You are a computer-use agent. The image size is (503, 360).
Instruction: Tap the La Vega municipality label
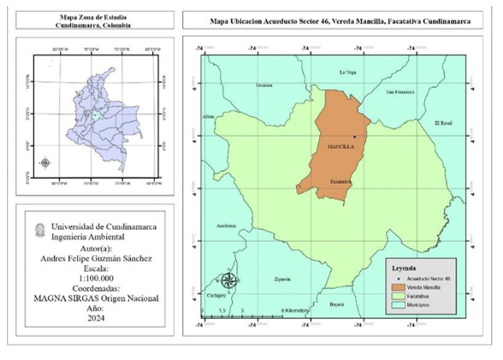(347, 72)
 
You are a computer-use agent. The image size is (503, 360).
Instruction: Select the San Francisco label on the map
(399, 91)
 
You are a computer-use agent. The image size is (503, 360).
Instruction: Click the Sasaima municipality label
(264, 86)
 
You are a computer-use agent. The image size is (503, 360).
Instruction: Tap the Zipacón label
(283, 278)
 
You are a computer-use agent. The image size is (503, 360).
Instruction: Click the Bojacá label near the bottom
(337, 303)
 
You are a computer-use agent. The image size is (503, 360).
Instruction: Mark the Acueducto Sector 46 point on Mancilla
(353, 137)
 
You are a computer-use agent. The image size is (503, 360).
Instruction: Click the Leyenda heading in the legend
(405, 269)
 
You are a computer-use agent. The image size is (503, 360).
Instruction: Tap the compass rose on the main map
(228, 280)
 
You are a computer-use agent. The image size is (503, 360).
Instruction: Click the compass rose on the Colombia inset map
(45, 162)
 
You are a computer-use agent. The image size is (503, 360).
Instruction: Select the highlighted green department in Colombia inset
(98, 114)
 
